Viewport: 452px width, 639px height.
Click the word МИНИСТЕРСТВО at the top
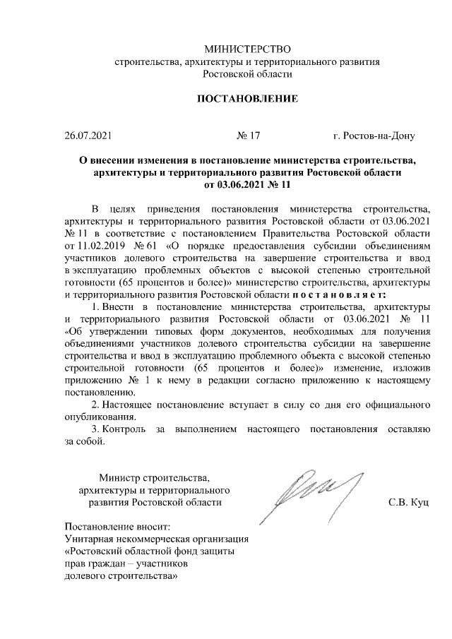[247, 49]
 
